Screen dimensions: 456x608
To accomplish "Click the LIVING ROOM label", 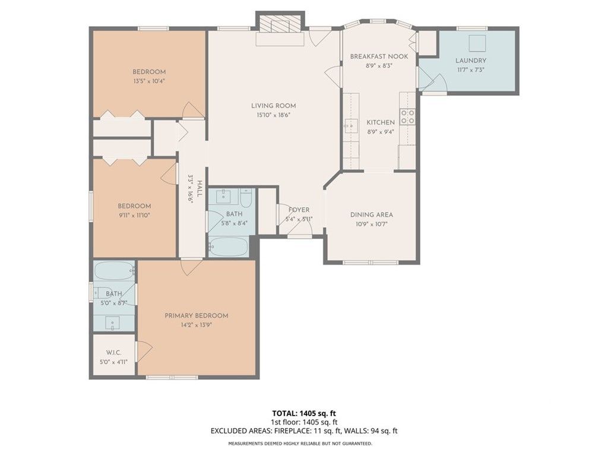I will point(273,106).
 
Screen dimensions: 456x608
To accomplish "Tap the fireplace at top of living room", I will point(279,27).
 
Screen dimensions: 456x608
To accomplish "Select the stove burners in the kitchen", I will point(407,116).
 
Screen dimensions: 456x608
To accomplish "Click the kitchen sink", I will point(350,126).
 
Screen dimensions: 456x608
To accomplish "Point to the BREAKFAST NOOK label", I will point(379,56).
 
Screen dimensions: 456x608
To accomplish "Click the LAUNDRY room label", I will point(471,61).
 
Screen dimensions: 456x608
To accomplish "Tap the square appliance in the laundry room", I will point(477,43).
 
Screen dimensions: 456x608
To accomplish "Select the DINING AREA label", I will point(372,215).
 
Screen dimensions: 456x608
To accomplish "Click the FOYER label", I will point(299,210).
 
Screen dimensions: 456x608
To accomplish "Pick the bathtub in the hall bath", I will point(229,246).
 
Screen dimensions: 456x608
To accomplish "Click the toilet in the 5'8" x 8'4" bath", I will point(247,196).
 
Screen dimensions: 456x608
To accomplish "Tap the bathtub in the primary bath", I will point(114,271).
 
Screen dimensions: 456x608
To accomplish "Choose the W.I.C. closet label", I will point(113,353).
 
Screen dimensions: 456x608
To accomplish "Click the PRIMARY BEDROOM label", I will point(196,316).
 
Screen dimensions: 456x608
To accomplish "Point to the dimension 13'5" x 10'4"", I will point(149,81).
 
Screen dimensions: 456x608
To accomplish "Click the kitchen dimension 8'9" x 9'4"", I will point(380,132).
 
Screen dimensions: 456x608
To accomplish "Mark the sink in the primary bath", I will point(113,322).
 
